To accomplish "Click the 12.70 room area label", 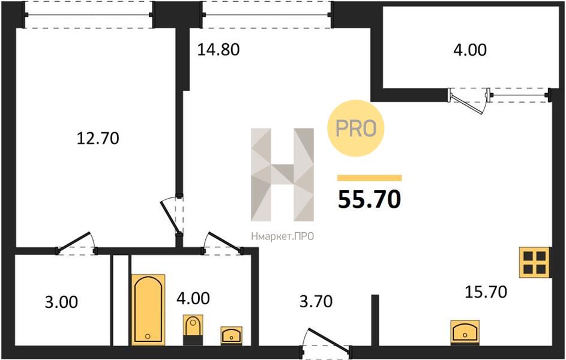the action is (98, 138).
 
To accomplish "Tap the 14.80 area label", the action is (218, 49).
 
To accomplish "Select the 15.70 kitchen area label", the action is (486, 292).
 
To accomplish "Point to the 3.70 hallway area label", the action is (316, 301).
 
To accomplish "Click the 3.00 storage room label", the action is (61, 302).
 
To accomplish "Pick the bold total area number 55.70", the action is (369, 199).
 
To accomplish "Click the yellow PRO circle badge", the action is (355, 128).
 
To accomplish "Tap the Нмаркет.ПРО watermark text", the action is (282, 236).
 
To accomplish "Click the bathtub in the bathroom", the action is (148, 310).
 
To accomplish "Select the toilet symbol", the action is (193, 329).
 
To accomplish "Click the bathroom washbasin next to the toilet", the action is (231, 336).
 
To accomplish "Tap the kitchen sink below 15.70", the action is (465, 332).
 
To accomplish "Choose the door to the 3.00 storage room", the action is (76, 242).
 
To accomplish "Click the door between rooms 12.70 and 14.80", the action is (172, 215).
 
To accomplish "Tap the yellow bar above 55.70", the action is (369, 178).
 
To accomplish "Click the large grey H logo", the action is (282, 175).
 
